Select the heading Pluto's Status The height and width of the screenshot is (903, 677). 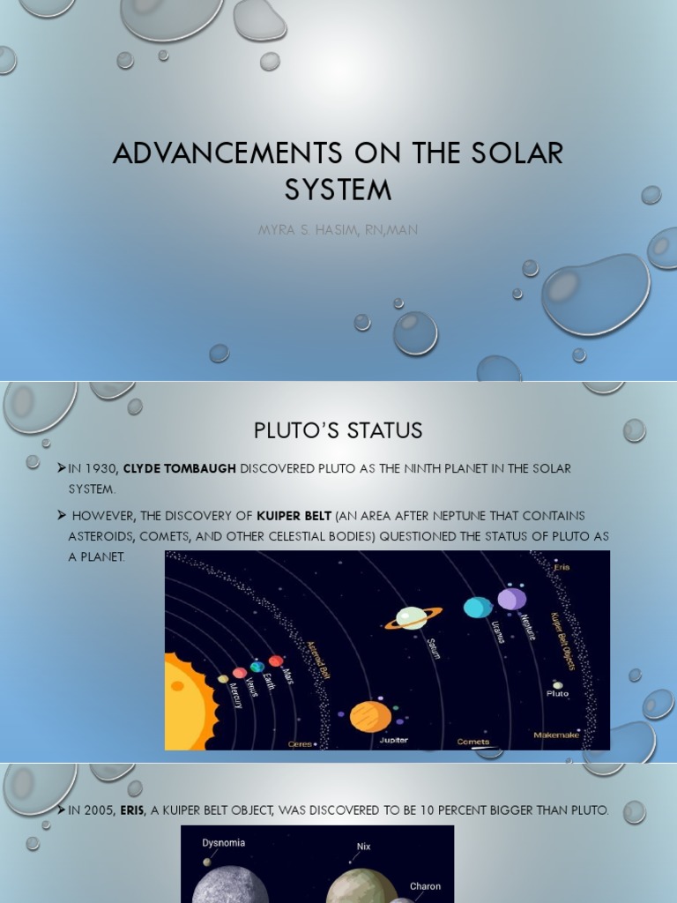(x=338, y=430)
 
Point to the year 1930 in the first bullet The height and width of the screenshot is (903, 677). (x=100, y=468)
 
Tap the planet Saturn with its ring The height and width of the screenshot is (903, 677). (x=412, y=617)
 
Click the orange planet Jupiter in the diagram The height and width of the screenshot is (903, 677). (x=370, y=716)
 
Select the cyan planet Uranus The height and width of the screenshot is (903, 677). (x=478, y=608)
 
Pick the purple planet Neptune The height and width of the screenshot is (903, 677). (x=511, y=600)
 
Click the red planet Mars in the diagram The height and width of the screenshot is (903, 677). (x=276, y=660)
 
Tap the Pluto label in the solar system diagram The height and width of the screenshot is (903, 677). (x=557, y=694)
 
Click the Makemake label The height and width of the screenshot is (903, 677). (x=555, y=735)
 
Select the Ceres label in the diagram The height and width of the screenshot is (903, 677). (x=300, y=744)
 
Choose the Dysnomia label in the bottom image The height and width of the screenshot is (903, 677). (x=224, y=843)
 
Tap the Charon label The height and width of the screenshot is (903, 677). (x=425, y=886)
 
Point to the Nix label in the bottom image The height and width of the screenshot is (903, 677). (x=363, y=847)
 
